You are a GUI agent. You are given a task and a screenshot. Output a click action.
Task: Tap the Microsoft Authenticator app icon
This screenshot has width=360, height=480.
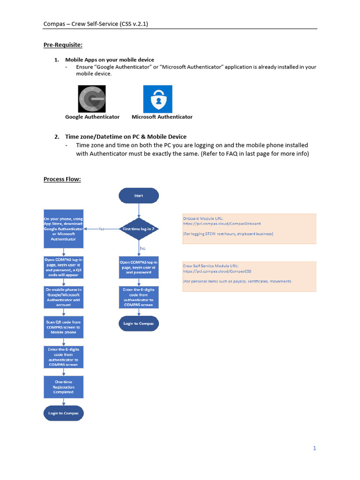(x=157, y=99)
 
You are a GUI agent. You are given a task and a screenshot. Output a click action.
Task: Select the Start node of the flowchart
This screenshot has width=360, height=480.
(x=139, y=196)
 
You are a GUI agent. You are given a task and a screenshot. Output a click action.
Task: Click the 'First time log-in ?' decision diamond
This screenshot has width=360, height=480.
(x=139, y=229)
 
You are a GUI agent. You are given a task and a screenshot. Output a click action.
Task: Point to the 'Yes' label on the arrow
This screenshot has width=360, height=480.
(x=101, y=229)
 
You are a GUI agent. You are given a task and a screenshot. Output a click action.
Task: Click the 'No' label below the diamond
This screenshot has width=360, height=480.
(x=143, y=249)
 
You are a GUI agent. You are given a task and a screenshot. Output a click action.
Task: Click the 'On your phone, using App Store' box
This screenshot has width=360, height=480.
(x=63, y=230)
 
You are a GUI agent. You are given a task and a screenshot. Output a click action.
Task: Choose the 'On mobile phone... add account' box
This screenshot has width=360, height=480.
(x=63, y=297)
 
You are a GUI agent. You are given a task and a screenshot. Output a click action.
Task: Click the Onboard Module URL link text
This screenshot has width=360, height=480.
(x=222, y=224)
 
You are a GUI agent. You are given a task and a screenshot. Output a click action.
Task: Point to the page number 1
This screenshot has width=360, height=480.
(x=315, y=448)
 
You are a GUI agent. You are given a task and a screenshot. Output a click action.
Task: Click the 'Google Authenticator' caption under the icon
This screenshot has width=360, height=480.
(x=92, y=117)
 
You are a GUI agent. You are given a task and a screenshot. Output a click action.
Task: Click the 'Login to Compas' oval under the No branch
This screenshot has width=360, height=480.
(x=139, y=323)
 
